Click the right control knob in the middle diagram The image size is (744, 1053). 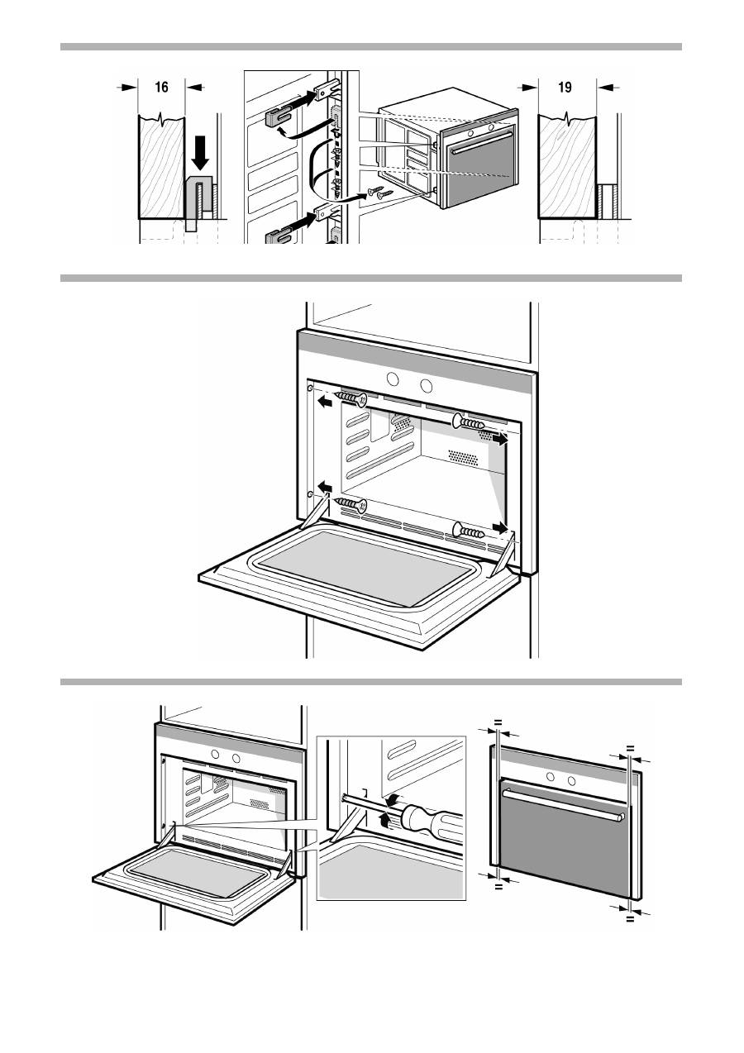coord(425,386)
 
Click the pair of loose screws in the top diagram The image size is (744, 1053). coord(377,193)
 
